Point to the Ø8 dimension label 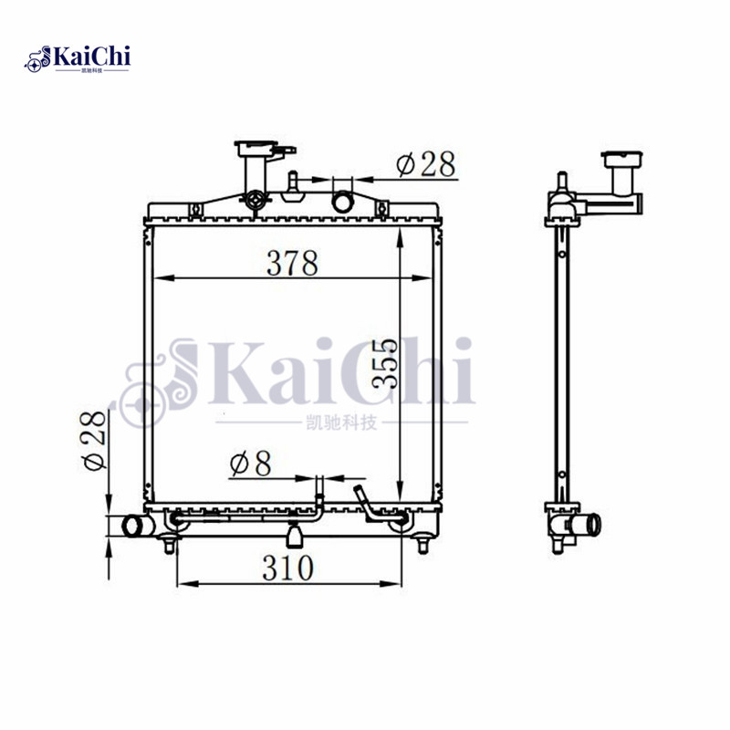click(251, 464)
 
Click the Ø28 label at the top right click(425, 164)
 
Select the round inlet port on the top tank click(344, 201)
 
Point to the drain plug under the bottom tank click(295, 534)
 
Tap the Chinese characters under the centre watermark click(340, 422)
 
